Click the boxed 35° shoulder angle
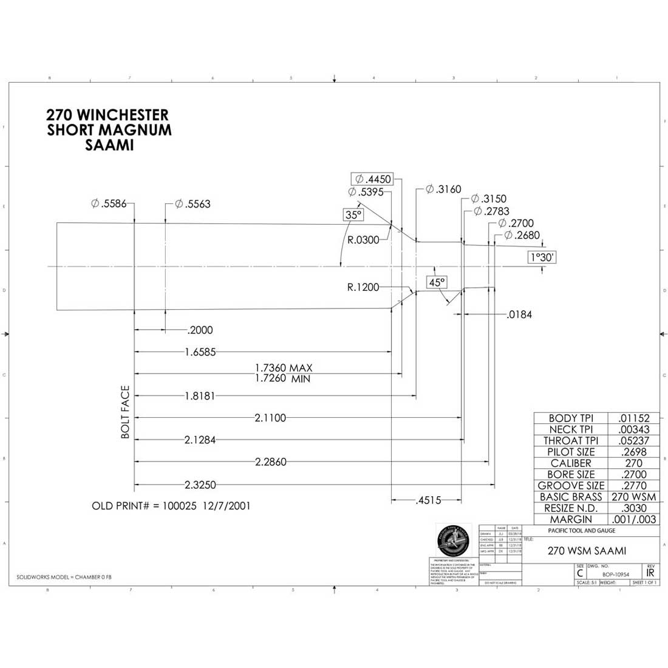click(353, 215)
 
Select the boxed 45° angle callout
click(437, 282)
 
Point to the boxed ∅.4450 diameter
click(372, 179)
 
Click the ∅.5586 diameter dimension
click(109, 204)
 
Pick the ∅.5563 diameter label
click(193, 204)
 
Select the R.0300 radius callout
click(363, 240)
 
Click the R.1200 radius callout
click(363, 287)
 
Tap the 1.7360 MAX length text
click(284, 368)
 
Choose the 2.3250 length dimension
click(200, 485)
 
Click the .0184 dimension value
click(519, 315)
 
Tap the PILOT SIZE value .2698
click(635, 452)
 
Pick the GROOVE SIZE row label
click(571, 486)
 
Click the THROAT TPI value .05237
click(635, 441)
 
